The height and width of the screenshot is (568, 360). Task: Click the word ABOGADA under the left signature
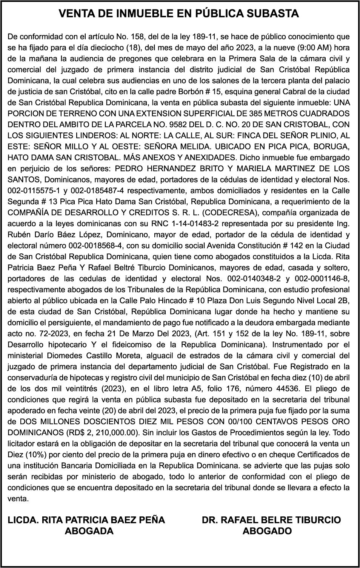click(89, 531)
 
